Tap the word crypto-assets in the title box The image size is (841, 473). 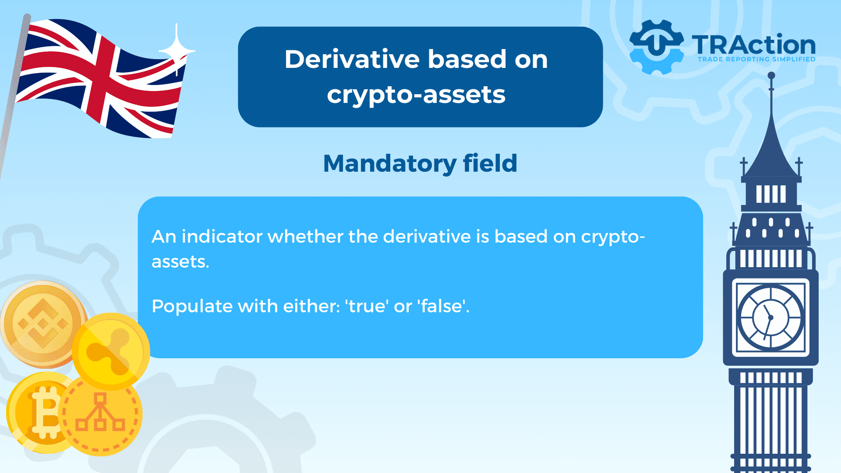tap(416, 95)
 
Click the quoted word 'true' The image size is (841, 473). tap(367, 306)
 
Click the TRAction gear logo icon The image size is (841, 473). tap(656, 47)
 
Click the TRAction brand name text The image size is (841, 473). tap(753, 45)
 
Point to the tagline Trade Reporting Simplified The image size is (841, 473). tap(756, 59)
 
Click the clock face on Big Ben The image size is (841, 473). tap(770, 317)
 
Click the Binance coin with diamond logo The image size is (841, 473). tap(42, 324)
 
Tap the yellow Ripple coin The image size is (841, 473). tap(111, 351)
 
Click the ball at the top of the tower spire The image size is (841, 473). tap(771, 75)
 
